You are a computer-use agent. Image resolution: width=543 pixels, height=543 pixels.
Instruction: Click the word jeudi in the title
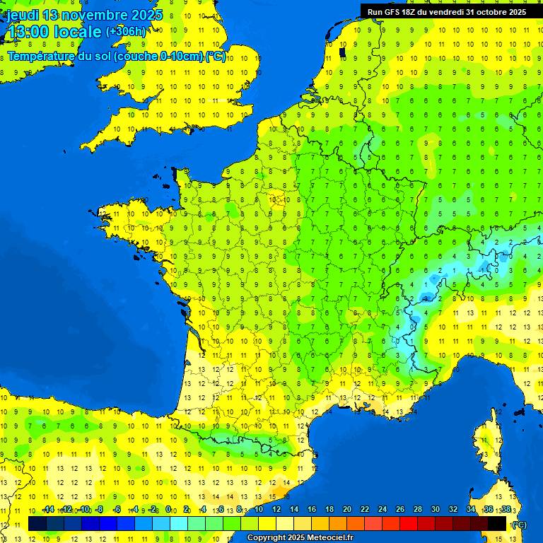point(23,15)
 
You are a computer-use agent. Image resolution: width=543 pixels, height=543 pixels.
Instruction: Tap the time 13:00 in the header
point(29,33)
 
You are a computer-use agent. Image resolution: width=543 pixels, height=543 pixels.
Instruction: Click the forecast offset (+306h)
point(126,32)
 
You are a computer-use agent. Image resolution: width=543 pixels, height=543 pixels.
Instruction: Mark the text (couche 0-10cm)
point(167,57)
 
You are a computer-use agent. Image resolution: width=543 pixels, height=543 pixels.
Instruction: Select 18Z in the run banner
point(409,12)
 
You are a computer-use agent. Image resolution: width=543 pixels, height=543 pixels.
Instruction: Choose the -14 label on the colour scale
point(47,510)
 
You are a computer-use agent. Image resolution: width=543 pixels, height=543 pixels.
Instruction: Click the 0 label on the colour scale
point(168,510)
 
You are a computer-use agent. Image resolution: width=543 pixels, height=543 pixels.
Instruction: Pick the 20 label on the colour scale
point(347,510)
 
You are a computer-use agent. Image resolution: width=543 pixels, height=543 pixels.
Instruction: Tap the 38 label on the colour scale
point(506,510)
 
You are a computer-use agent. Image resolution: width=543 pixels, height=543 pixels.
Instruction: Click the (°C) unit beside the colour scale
point(520,524)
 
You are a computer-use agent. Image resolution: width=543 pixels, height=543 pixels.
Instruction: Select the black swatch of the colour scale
point(497,523)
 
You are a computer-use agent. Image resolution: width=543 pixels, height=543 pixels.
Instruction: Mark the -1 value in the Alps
point(482,270)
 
